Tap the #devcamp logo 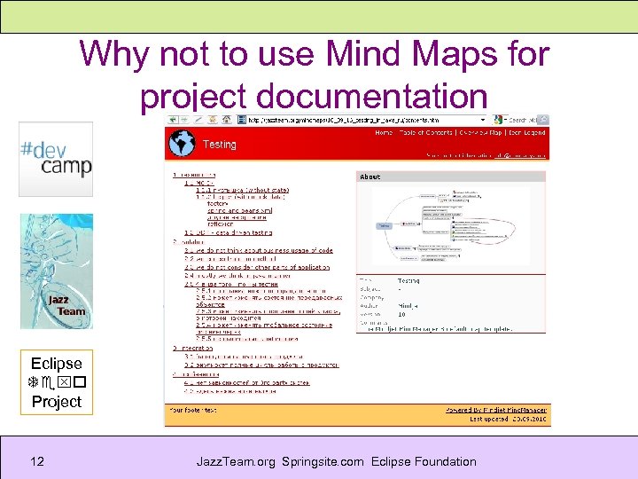pyautogui.click(x=56, y=159)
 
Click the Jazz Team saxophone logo pyautogui.click(x=56, y=271)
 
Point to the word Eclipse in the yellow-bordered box pyautogui.click(x=56, y=363)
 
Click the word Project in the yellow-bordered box pyautogui.click(x=56, y=401)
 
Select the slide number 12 pyautogui.click(x=37, y=461)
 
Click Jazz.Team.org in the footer pyautogui.click(x=237, y=461)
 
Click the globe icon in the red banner pyautogui.click(x=182, y=144)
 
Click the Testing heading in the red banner pyautogui.click(x=220, y=144)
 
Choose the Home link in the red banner pyautogui.click(x=384, y=133)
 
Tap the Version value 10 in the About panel pyautogui.click(x=401, y=314)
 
